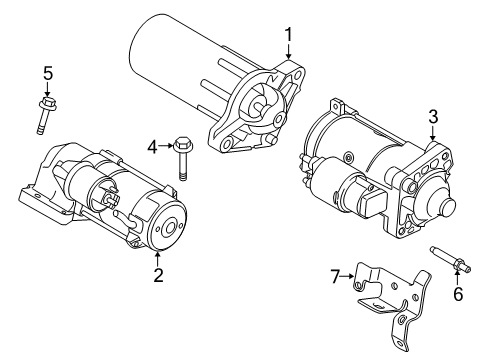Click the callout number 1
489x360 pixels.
pos(288,35)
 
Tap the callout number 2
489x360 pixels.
pos(158,275)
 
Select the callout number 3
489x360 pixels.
pos(433,117)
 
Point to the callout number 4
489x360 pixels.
pos(152,147)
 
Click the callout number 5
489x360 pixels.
pos(48,73)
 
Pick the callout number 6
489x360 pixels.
pos(458,294)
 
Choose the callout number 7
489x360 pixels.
pos(335,276)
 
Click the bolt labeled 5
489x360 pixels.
pos(46,115)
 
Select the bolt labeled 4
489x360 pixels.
pos(182,158)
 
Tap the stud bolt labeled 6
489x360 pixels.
pos(450,259)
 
